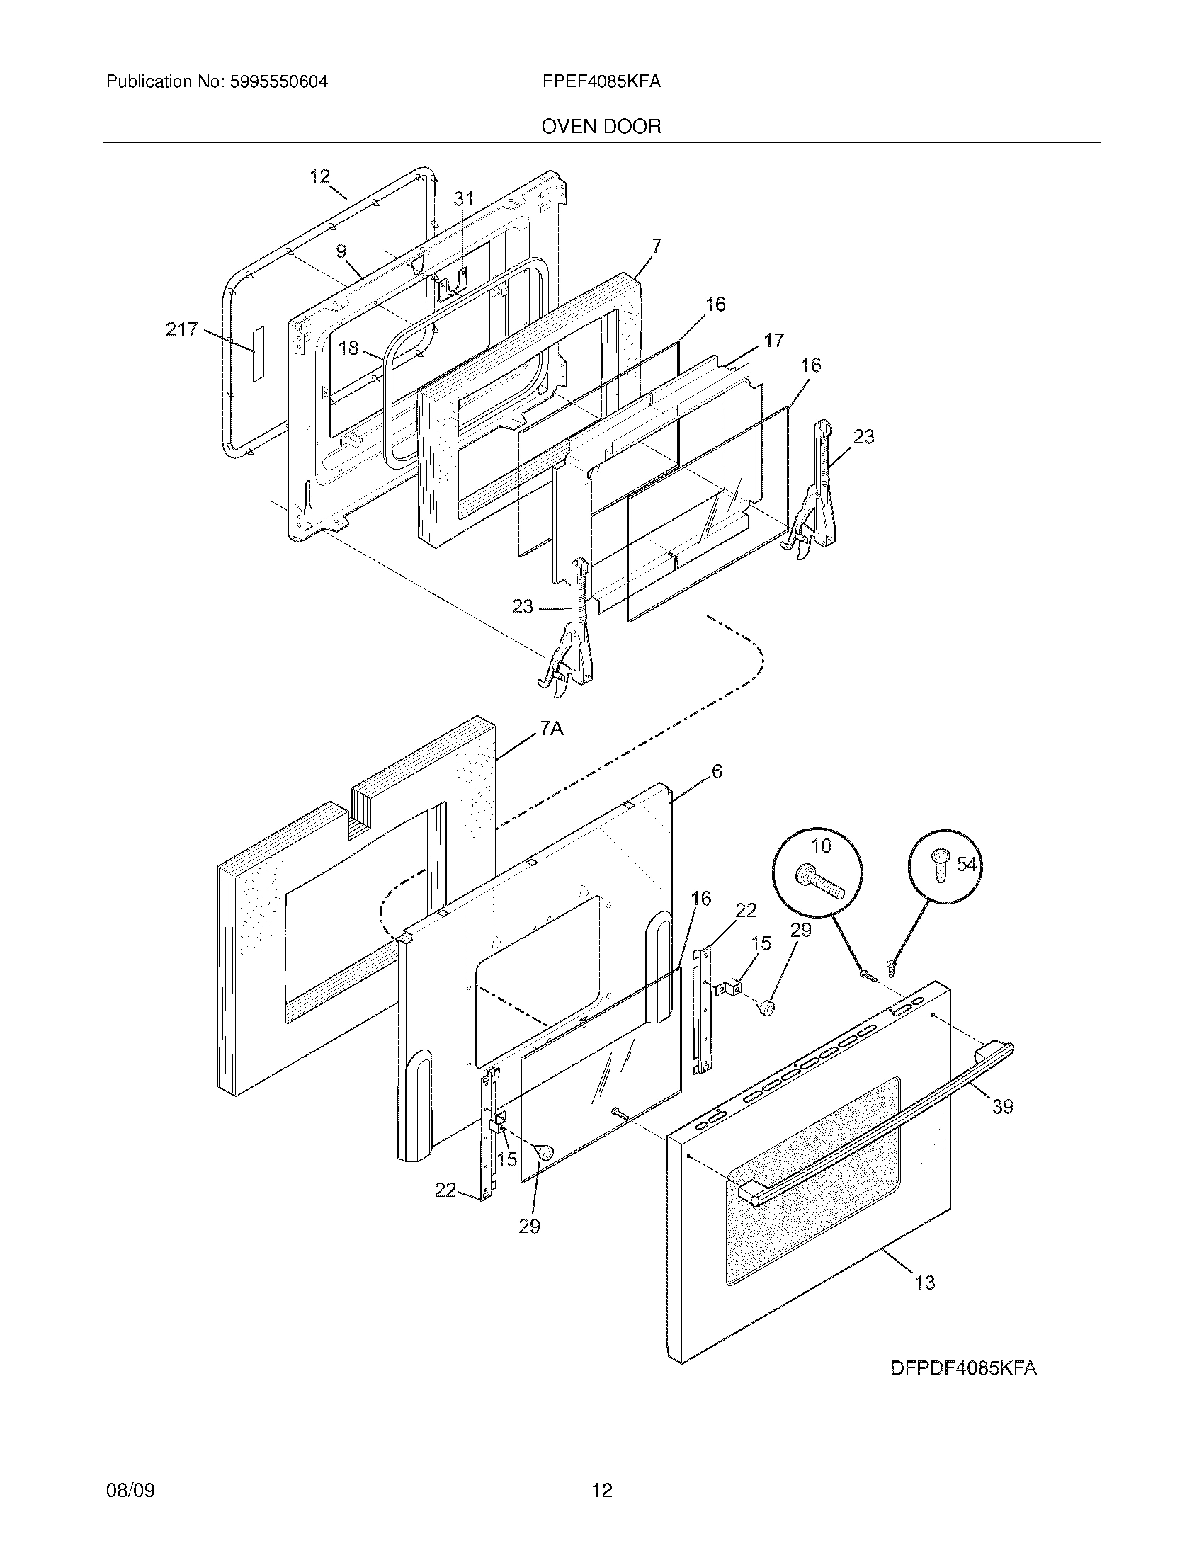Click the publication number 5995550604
[x=278, y=82]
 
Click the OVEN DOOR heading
[x=601, y=127]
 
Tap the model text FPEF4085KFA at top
[x=601, y=82]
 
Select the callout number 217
[x=181, y=329]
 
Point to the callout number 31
[x=464, y=199]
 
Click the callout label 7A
[x=550, y=728]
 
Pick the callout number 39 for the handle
[x=1003, y=1106]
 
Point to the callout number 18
[x=348, y=348]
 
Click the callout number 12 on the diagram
[x=320, y=176]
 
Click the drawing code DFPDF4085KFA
[x=963, y=1368]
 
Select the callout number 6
[x=717, y=771]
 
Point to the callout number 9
[x=341, y=251]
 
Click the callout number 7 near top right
[x=657, y=247]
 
